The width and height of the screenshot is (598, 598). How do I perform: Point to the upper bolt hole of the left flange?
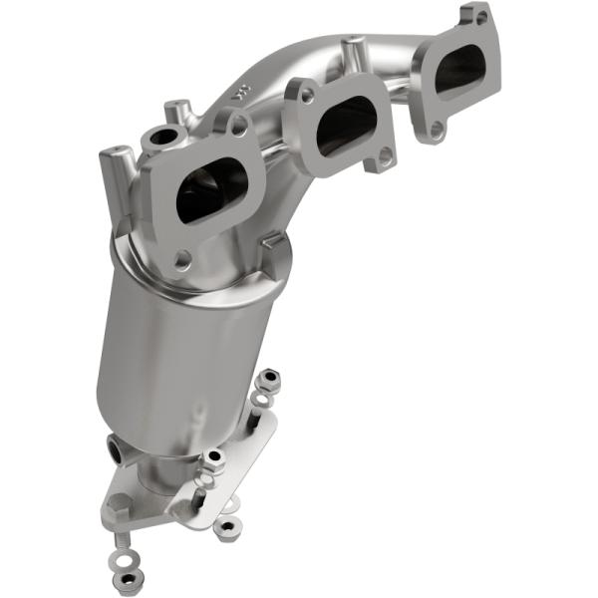pyautogui.click(x=240, y=126)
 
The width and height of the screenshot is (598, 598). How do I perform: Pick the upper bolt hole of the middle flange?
pyautogui.click(x=306, y=95)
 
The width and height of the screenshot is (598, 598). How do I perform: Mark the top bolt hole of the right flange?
pyautogui.click(x=479, y=17)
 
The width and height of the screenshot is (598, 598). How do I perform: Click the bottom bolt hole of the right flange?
pyautogui.click(x=436, y=129)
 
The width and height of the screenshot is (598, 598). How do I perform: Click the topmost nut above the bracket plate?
pyautogui.click(x=268, y=379)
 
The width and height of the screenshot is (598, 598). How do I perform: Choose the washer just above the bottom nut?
pyautogui.click(x=125, y=554)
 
